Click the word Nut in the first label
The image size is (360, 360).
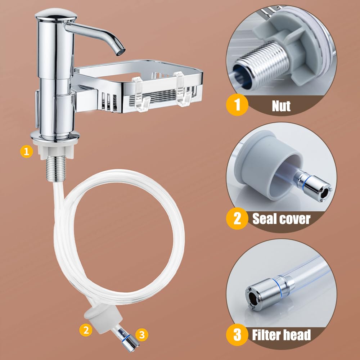coord(281,106)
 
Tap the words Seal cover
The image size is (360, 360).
coord(281,219)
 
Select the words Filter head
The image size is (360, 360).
coord(281,335)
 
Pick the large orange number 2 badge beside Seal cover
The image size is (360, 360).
coord(237,219)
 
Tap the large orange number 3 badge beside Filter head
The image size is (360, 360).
coord(237,335)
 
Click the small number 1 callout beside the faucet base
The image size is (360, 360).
coord(27,152)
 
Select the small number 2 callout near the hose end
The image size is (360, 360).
coord(86,330)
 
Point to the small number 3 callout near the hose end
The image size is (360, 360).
coord(142,334)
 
